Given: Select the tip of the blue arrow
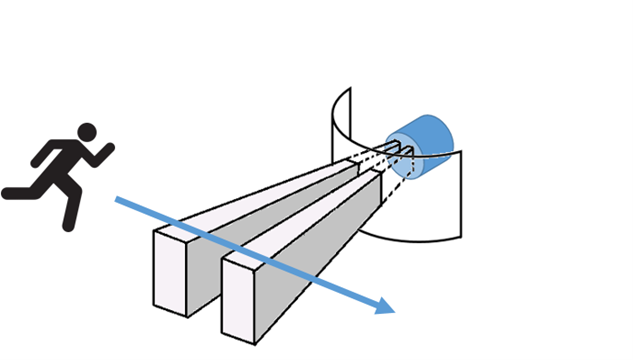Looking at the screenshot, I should (392, 311).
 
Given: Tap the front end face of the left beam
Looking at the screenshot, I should (169, 270).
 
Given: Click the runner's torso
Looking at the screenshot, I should (72, 160).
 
